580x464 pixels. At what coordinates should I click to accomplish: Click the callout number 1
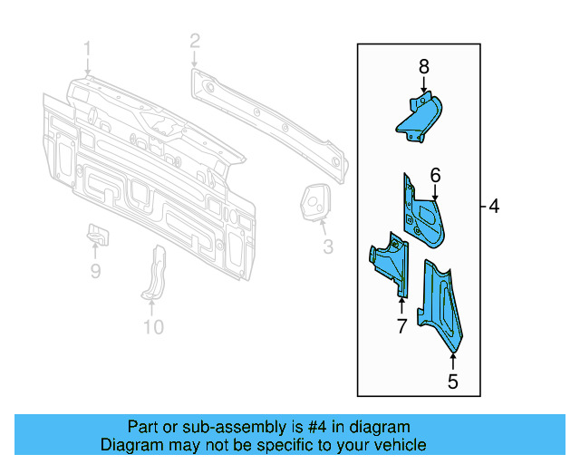coord(87,48)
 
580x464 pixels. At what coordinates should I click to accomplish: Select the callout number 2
coord(194,40)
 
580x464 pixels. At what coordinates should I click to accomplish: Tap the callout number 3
coord(327,246)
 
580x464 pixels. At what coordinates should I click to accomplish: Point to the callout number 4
coord(494,207)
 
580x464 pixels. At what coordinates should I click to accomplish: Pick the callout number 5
coord(452,382)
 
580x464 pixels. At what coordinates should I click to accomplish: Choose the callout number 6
coord(435,175)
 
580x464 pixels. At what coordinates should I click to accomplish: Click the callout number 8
coord(423,66)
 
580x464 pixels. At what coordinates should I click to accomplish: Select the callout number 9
coord(95,270)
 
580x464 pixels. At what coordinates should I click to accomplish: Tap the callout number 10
coord(153,326)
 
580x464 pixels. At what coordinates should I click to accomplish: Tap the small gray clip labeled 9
coord(97,234)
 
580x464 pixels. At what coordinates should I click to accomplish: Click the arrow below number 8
coord(423,85)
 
